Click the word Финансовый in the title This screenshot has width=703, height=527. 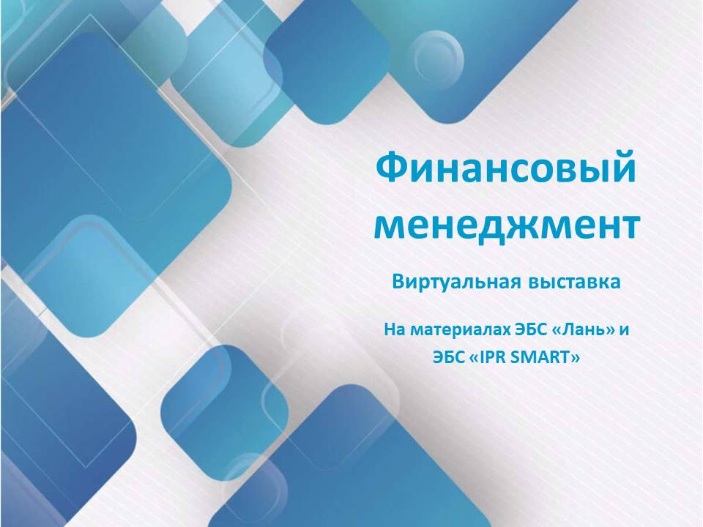click(x=506, y=169)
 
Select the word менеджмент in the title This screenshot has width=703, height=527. click(x=506, y=225)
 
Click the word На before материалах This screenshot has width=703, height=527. click(x=394, y=329)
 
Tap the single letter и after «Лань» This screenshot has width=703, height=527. click(x=624, y=329)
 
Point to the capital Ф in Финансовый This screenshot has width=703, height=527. click(x=390, y=169)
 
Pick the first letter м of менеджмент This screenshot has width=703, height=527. click(x=389, y=225)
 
